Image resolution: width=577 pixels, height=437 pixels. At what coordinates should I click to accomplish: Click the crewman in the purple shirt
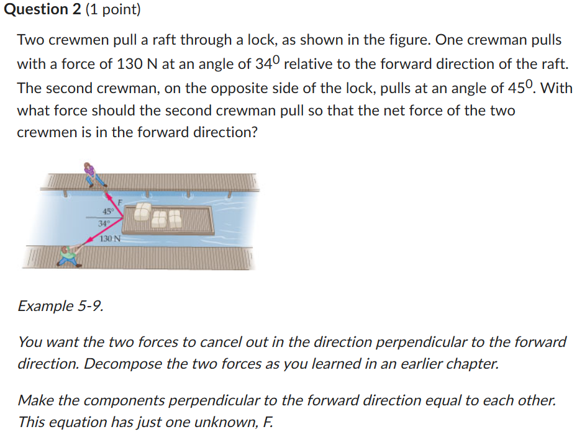pos(93,173)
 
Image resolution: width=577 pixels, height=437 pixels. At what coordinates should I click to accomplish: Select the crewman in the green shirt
pos(68,255)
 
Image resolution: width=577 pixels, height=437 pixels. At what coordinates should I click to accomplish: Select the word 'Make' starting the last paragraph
pos(35,400)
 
